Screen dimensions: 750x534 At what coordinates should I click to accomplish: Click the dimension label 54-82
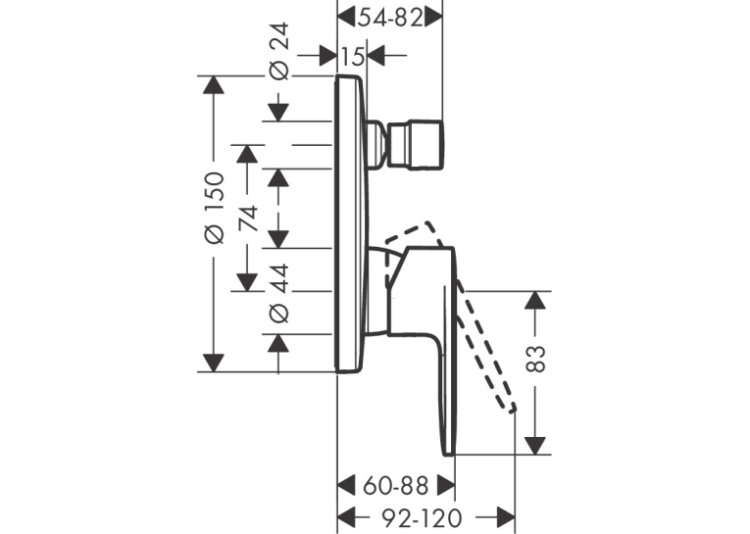pos(391,19)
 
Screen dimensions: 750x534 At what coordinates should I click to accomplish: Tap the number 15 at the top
pos(353,57)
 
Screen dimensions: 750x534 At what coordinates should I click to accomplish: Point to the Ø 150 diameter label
pos(215,208)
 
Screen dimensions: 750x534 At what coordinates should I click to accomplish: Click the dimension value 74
pos(248,218)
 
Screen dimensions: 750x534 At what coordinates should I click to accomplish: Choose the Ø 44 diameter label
pos(279,292)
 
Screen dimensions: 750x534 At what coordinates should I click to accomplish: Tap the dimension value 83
pos(536,359)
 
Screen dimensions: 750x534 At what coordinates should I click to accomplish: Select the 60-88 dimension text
pos(395,486)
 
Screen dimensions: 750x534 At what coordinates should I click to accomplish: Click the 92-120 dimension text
pos(423,517)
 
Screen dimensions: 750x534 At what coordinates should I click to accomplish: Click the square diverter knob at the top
pos(416,145)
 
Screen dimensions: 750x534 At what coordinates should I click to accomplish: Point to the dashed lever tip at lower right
pos(513,409)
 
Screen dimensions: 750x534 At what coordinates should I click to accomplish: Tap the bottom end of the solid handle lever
pos(449,455)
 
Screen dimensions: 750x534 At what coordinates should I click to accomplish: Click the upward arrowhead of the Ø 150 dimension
pos(214,85)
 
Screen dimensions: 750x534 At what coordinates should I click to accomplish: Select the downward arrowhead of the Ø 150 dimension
pos(214,363)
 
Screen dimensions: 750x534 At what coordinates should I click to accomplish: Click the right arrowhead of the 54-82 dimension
pos(433,19)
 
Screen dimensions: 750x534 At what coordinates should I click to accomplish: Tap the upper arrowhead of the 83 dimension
pos(535,300)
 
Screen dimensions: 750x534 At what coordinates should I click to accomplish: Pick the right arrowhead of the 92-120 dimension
pos(506,517)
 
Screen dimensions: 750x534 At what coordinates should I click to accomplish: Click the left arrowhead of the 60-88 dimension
pos(347,486)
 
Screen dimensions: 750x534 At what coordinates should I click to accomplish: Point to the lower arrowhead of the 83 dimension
pos(535,446)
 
